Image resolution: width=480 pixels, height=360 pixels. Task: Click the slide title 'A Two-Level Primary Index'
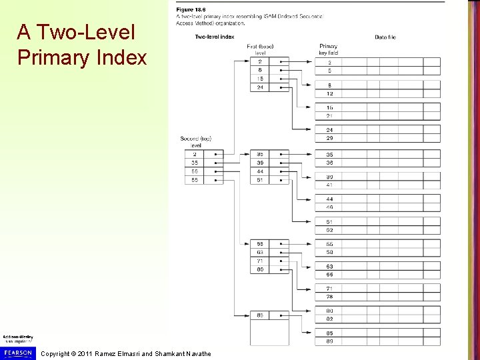tap(82, 45)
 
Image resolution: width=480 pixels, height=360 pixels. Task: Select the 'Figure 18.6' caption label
tap(190, 9)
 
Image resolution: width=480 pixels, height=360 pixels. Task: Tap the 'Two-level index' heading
tap(215, 37)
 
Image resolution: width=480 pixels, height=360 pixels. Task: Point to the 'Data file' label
tap(385, 37)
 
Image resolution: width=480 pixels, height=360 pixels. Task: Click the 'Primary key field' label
tap(329, 49)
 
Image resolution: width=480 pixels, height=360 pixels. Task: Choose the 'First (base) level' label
tap(260, 49)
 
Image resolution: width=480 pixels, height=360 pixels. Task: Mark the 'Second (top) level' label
tap(195, 141)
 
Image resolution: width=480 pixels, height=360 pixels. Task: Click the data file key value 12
tap(329, 93)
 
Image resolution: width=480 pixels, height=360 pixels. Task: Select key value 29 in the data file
tap(329, 138)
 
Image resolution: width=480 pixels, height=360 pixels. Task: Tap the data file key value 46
tap(329, 207)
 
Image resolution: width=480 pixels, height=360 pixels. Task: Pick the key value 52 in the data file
tap(329, 230)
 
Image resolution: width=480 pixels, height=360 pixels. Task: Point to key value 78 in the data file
tap(329, 297)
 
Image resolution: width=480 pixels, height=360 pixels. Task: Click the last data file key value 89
tap(329, 341)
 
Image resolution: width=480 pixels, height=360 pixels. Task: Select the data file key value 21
tap(329, 116)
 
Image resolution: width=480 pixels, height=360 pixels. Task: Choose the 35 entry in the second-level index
tap(195, 163)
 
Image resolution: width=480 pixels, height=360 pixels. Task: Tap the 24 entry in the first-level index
tap(259, 87)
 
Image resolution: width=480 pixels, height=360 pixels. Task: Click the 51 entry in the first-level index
tap(259, 180)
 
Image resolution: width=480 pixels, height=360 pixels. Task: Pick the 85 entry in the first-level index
tap(259, 315)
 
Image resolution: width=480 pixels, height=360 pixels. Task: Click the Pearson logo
tap(17, 352)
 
